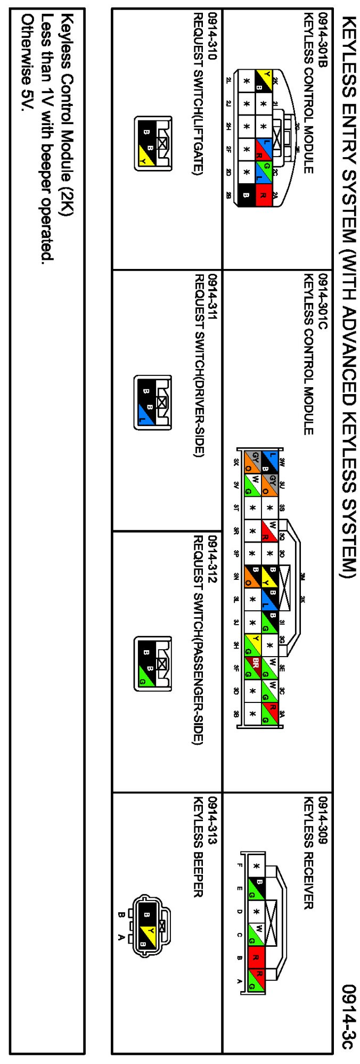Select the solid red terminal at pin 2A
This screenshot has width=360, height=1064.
(263, 195)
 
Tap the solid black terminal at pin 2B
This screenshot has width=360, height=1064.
(246, 195)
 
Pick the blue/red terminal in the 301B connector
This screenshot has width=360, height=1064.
(263, 149)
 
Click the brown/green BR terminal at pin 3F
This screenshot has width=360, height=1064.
(252, 667)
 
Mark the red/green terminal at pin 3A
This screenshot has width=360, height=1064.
(270, 713)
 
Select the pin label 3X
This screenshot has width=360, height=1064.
(236, 462)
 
